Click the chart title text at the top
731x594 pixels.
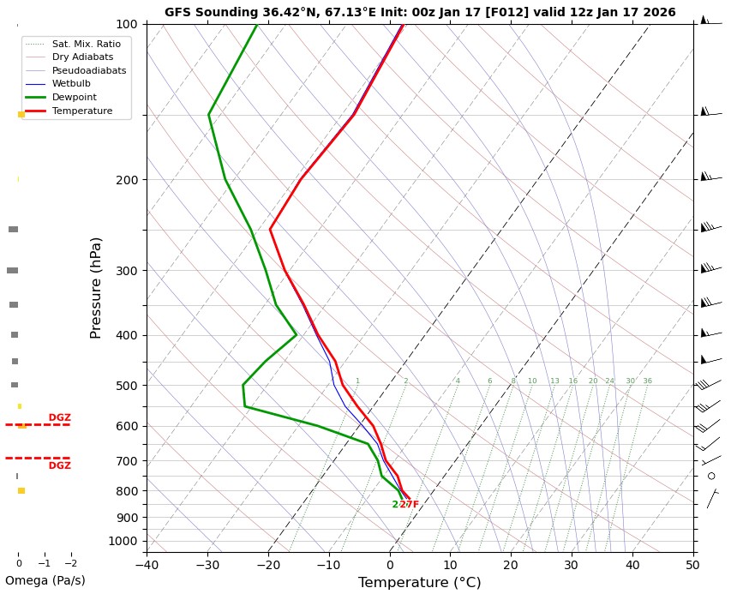pos(420,13)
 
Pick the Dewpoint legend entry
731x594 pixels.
pos(73,98)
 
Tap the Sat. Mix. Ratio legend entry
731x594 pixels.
pos(86,44)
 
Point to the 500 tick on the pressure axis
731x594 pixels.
pos(126,386)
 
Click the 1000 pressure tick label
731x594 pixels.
pos(123,541)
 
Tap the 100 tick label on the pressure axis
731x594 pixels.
pos(126,24)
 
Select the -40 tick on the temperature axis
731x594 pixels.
pos(147,564)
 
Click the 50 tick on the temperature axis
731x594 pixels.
pos(692,564)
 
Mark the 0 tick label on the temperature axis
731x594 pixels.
pos(390,564)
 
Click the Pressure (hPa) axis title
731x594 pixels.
pos(97,287)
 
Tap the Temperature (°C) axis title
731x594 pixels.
pos(419,583)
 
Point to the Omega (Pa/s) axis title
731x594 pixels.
pos(45,580)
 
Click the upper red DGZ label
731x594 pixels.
pos(59,418)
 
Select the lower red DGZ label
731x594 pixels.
pos(59,466)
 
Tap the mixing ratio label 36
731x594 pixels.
pos(647,381)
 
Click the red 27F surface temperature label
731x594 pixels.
pos(410,505)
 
